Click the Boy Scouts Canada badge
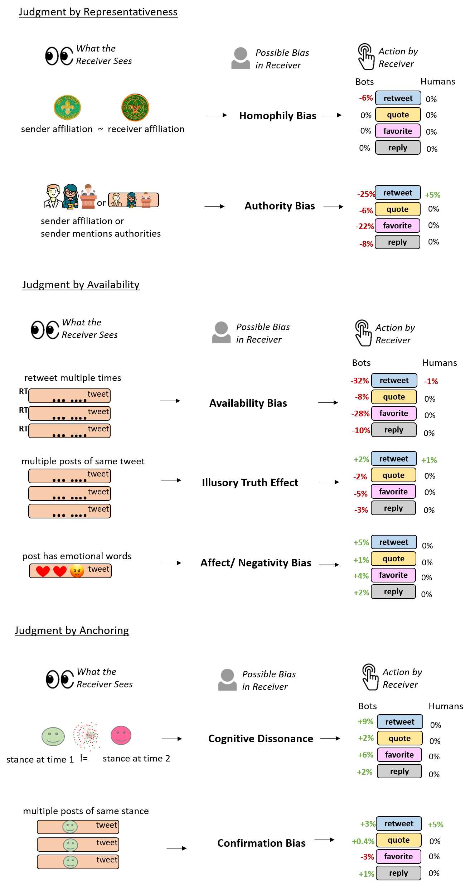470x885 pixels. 67,107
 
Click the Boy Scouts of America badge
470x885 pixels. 135,108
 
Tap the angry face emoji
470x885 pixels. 77,571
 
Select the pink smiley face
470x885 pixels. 121,735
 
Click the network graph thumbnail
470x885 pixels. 86,736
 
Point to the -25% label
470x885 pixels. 366,194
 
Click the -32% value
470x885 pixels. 359,381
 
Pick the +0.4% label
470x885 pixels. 363,841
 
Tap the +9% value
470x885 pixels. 365,721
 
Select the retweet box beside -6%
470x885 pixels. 398,98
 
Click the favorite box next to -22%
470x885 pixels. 397,226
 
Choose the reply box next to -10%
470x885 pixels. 394,430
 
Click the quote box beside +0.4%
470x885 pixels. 398,840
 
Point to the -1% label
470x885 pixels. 431,382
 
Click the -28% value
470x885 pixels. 360,414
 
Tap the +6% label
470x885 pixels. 365,755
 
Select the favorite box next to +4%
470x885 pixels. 393,575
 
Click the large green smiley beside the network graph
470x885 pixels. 53,736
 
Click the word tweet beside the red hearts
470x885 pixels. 99,569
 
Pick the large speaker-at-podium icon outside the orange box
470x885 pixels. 88,196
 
